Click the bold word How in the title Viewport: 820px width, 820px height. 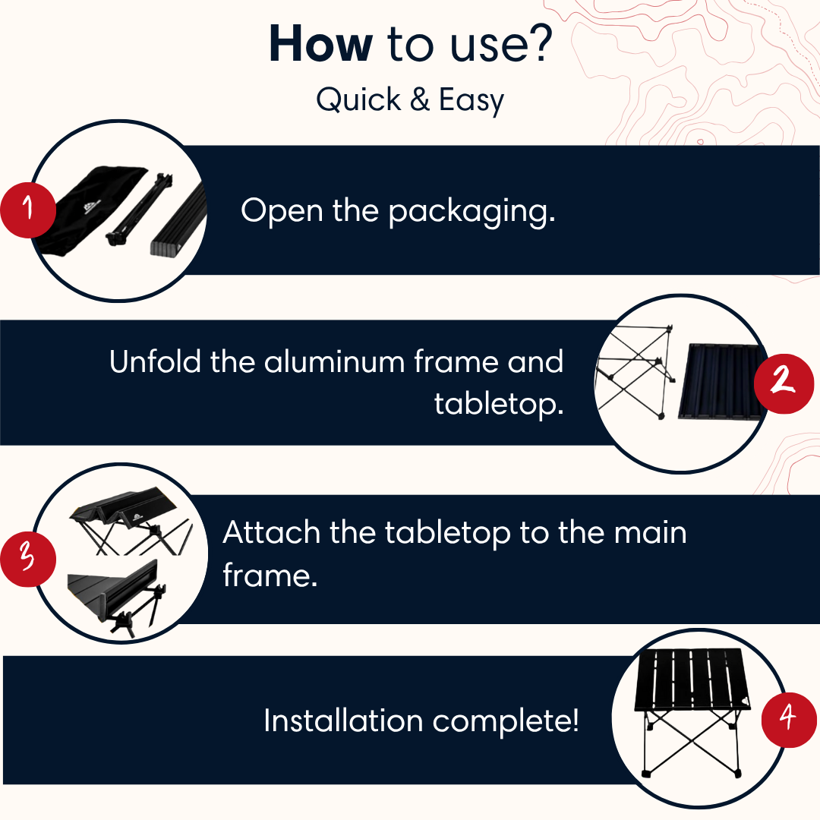321,44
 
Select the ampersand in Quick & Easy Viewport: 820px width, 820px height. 420,99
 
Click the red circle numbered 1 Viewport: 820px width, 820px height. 28,210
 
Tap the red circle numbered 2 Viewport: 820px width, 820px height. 784,384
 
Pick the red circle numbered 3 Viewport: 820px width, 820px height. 28,559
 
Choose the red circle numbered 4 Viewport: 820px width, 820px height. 789,720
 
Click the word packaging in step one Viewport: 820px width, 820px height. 471,213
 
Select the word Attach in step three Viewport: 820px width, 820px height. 271,533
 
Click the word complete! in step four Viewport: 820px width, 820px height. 506,722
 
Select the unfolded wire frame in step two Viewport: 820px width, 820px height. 636,369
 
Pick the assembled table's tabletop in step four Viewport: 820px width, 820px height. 692,680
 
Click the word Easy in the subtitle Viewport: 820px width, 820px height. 471,100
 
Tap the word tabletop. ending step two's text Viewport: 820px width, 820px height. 500,405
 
